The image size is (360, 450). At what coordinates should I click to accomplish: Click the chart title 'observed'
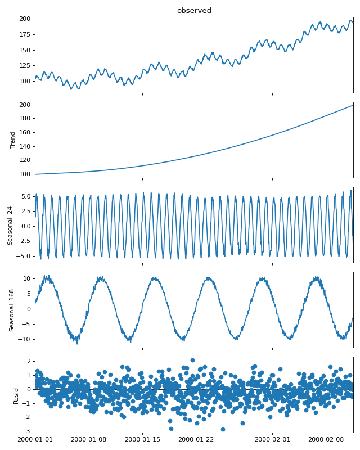click(194, 11)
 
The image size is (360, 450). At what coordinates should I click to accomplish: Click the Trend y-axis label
click(12, 140)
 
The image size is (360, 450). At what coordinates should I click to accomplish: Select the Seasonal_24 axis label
click(10, 225)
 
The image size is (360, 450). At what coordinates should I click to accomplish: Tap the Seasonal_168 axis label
click(11, 310)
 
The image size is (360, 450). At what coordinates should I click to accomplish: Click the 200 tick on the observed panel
click(26, 19)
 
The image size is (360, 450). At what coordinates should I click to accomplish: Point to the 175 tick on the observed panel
click(26, 34)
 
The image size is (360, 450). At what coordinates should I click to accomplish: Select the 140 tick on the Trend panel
click(26, 146)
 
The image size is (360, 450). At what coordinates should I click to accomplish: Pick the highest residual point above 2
click(192, 360)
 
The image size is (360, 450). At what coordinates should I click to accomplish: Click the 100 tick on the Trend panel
click(26, 174)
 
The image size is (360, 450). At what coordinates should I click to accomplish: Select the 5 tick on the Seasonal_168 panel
click(28, 294)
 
